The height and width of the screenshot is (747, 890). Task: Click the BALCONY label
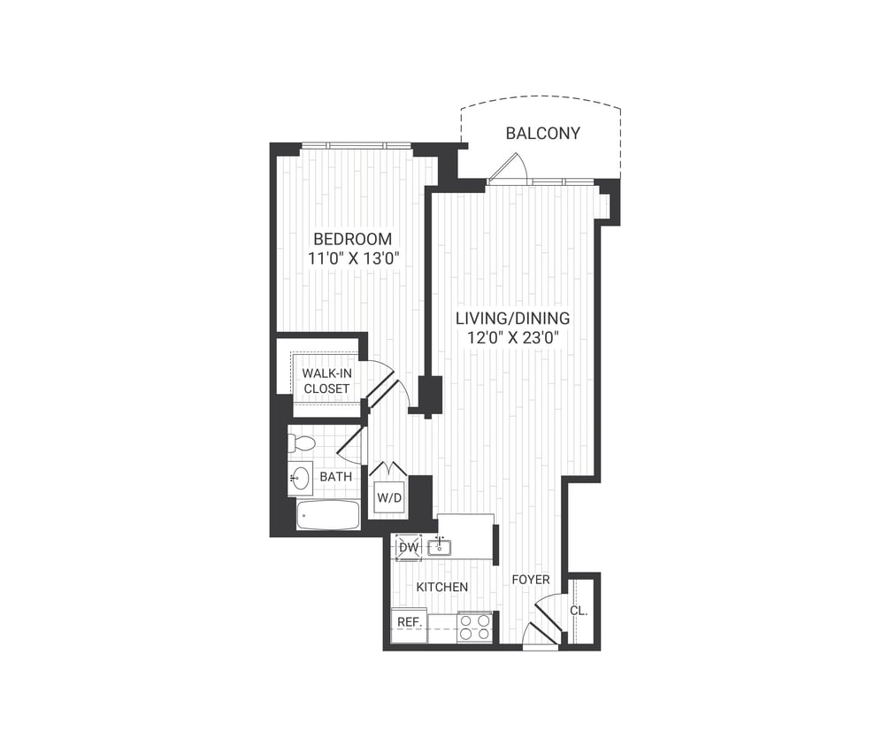coord(542,134)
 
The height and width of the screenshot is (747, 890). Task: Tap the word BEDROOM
coord(352,239)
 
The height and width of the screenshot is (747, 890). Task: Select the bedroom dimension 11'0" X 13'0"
coord(352,260)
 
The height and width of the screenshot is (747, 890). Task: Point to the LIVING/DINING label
coord(512,318)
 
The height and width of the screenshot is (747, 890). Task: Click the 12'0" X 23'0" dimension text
coord(512,337)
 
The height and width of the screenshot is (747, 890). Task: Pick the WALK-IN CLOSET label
coord(326,381)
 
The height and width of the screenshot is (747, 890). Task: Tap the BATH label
coord(335,476)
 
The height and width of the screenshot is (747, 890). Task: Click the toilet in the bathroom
coord(303,443)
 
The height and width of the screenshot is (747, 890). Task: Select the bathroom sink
coord(299,478)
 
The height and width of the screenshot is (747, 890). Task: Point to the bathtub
coord(327,514)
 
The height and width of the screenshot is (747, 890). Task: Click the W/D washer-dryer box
coord(389,497)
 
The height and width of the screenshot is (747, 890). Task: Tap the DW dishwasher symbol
coord(408,548)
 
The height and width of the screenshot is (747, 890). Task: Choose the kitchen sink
coord(440,548)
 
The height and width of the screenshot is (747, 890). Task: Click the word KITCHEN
coord(441,587)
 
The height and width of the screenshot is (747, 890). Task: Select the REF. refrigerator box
coord(409,623)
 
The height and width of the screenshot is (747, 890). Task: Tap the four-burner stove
coord(474,627)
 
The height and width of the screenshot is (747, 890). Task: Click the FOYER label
coord(531,580)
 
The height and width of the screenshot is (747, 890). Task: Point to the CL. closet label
coord(578,611)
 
